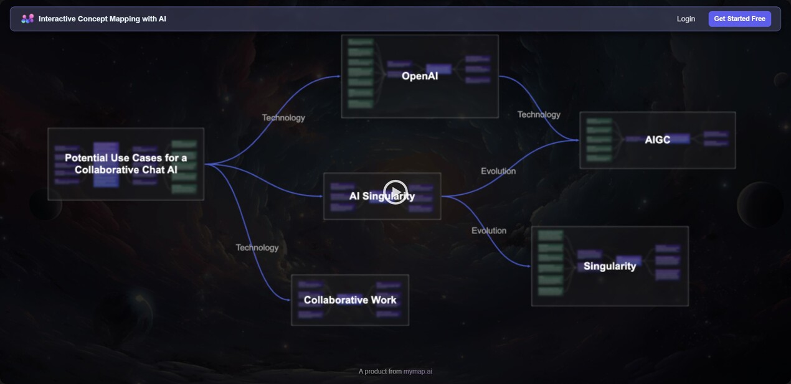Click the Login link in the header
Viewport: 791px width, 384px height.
686,19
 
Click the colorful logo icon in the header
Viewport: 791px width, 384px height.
27,19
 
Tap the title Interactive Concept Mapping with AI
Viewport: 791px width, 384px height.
102,19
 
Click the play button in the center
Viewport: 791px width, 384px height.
395,192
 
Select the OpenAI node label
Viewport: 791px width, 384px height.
420,76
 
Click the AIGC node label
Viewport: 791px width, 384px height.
658,140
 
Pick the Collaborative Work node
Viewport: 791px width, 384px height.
350,300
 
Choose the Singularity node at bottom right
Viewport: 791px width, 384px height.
610,266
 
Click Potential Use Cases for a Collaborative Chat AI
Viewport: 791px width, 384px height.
126,164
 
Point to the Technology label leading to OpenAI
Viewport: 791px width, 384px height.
283,118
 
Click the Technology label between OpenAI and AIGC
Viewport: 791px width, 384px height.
539,115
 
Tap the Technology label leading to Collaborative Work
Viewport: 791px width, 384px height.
257,248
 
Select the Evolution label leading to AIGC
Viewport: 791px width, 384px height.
498,171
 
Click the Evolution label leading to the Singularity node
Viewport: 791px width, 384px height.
489,231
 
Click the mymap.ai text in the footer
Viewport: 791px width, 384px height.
417,372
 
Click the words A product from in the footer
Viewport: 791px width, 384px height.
380,372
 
